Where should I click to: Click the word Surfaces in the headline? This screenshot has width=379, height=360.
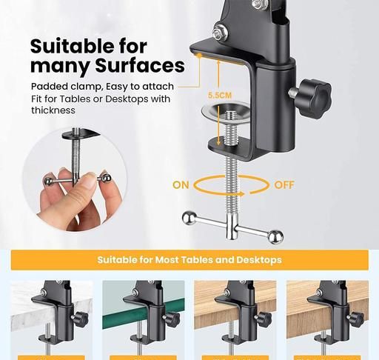point(140,65)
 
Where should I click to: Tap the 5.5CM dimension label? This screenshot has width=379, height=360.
point(220,96)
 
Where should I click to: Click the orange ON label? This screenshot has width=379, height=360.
point(181,185)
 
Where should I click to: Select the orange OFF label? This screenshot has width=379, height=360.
point(284,185)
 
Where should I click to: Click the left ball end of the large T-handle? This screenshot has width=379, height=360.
point(189,218)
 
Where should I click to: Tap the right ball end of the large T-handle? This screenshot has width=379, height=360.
point(276,237)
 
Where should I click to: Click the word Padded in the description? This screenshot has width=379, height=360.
point(49,87)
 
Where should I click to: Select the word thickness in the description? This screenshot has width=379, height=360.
point(53,110)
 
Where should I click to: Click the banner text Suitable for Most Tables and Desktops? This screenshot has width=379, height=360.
point(189,260)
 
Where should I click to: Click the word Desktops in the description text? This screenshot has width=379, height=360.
point(127,99)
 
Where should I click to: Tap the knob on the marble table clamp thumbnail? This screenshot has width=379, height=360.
point(81,319)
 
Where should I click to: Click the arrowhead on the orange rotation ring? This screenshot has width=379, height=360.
point(242,194)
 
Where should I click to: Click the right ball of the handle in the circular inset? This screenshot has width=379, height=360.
point(107,179)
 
